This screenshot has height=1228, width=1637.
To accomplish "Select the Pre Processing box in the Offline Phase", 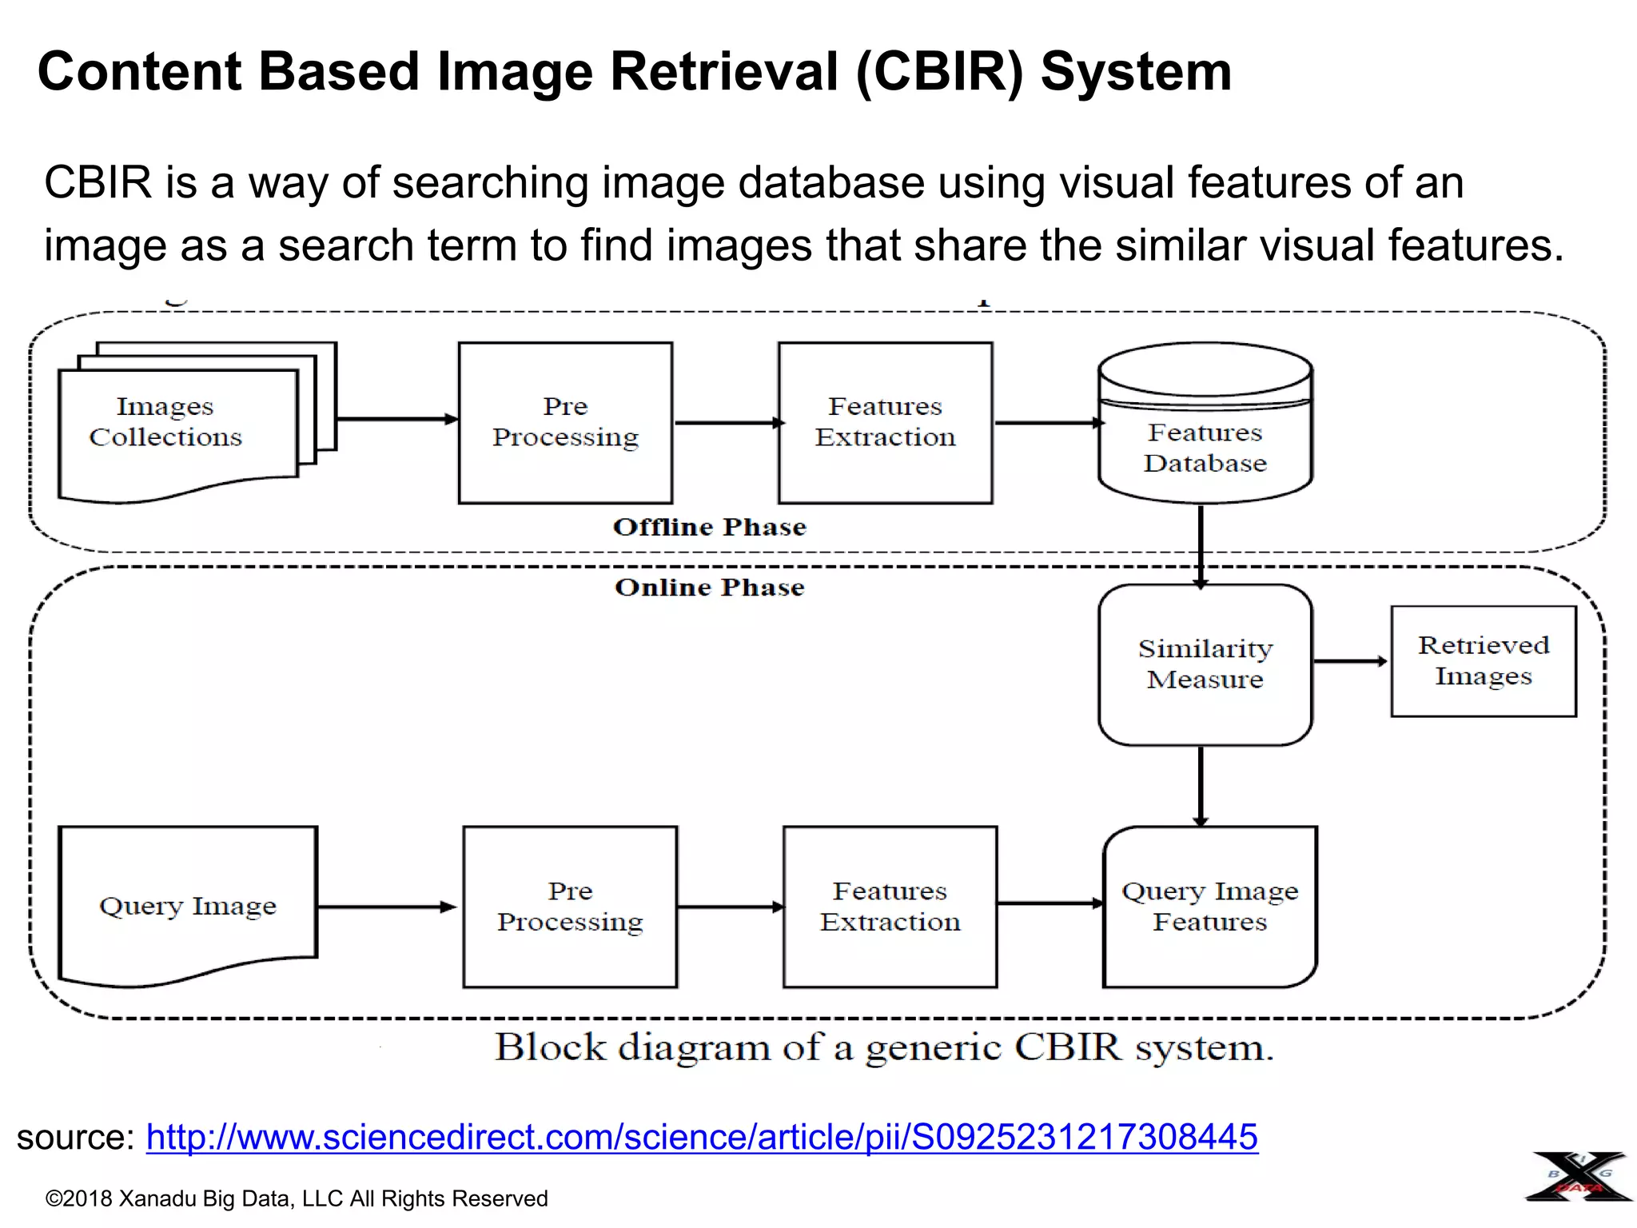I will [565, 423].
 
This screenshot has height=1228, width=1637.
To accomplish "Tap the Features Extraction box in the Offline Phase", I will [885, 423].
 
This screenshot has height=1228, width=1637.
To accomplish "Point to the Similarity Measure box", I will [1205, 664].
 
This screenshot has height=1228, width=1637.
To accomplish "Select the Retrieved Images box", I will [1484, 660].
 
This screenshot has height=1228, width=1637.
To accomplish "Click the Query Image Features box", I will [1209, 907].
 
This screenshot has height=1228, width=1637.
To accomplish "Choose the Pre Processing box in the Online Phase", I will [570, 907].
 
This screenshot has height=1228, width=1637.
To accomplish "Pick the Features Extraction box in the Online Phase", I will [890, 907].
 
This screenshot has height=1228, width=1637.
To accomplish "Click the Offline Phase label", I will [710, 527].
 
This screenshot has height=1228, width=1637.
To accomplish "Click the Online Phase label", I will [710, 588].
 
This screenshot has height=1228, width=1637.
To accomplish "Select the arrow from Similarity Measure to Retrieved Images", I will [1351, 661].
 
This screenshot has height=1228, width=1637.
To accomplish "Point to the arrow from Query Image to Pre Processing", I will [387, 907].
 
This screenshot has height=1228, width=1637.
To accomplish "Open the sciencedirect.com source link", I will [702, 1137].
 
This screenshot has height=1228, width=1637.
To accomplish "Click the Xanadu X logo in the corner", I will [1579, 1177].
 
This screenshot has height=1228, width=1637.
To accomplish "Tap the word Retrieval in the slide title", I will [724, 72].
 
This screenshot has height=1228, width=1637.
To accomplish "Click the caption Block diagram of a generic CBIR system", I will [884, 1047].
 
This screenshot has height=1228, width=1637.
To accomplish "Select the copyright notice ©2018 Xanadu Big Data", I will [297, 1198].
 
